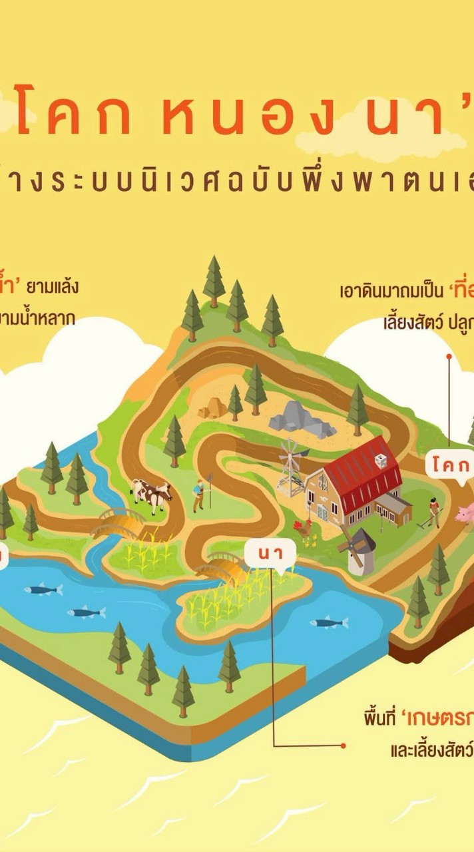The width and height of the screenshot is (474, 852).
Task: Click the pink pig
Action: [x=465, y=513]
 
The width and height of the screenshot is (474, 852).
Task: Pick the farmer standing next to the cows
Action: [x=199, y=495]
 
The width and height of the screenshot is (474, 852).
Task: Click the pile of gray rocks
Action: [x=301, y=418]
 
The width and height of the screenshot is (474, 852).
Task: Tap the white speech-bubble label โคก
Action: [x=450, y=464]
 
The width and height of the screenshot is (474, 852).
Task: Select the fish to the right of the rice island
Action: [x=330, y=622]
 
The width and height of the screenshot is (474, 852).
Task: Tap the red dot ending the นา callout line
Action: [x=344, y=745]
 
